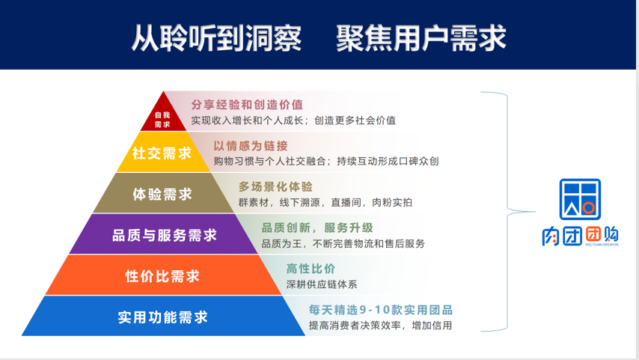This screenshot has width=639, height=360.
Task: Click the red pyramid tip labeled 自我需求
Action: pyautogui.click(x=163, y=116)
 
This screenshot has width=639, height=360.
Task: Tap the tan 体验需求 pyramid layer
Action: pyautogui.click(x=163, y=193)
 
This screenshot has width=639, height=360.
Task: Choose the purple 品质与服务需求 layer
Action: pyautogui.click(x=163, y=234)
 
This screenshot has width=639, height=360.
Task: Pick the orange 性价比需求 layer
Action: pyautogui.click(x=163, y=275)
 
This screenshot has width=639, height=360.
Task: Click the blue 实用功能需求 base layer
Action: pyautogui.click(x=163, y=317)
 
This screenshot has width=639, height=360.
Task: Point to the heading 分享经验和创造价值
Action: pyautogui.click(x=247, y=105)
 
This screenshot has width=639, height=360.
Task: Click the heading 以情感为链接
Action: pyautogui.click(x=251, y=146)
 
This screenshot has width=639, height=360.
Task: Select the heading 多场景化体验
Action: pyautogui.click(x=275, y=186)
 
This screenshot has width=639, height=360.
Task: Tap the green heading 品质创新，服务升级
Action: pyautogui.click(x=317, y=228)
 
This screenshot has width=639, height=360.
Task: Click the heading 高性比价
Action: pyautogui.click(x=311, y=269)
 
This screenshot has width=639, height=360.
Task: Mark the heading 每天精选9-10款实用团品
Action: pyautogui.click(x=381, y=310)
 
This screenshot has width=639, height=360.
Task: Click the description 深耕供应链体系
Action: pyautogui.click(x=322, y=284)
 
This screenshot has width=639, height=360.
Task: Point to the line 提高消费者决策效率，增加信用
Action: pyautogui.click(x=380, y=326)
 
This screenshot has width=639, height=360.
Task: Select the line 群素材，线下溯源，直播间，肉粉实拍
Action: pyautogui.click(x=325, y=202)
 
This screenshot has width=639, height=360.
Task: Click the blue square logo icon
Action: pyautogui.click(x=580, y=199)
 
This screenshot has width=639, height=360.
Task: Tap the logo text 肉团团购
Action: pyautogui.click(x=580, y=236)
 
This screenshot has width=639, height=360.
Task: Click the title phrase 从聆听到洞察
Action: pyautogui.click(x=216, y=38)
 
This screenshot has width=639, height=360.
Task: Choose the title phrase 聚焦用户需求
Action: pyautogui.click(x=421, y=38)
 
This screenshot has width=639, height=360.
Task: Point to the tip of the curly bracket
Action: pyautogui.click(x=535, y=212)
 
